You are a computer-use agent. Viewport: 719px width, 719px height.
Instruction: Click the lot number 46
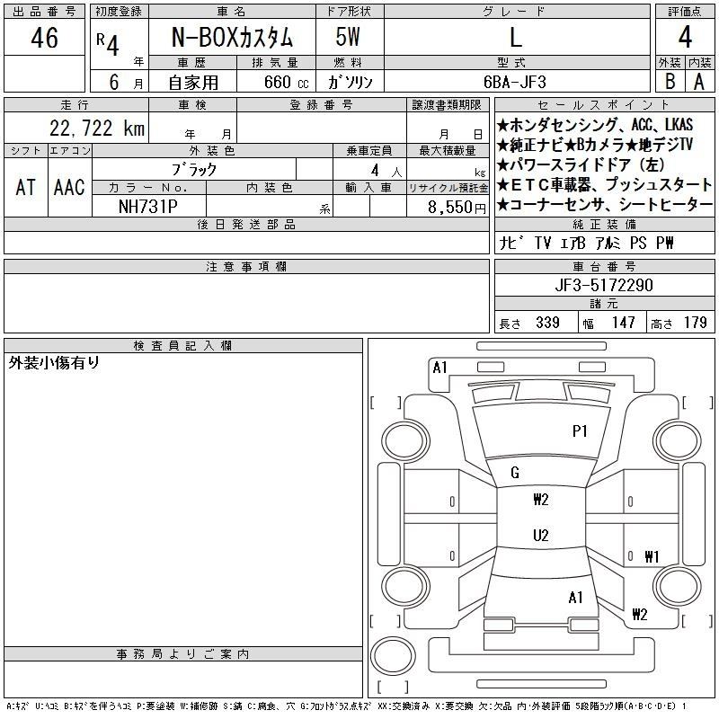click(44, 38)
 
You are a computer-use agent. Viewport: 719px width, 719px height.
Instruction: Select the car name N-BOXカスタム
click(232, 38)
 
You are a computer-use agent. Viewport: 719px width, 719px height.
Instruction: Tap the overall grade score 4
click(685, 37)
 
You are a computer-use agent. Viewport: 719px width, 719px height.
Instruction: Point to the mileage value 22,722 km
click(97, 129)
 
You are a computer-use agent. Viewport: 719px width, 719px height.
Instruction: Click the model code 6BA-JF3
click(515, 82)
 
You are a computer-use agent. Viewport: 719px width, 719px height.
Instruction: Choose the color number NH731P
click(148, 207)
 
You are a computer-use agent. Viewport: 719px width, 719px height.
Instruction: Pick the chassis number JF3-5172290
click(604, 285)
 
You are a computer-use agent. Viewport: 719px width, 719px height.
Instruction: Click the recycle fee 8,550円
click(457, 208)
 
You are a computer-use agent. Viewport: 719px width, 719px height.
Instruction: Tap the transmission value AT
click(25, 187)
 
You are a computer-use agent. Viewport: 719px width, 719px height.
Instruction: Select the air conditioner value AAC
click(69, 187)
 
